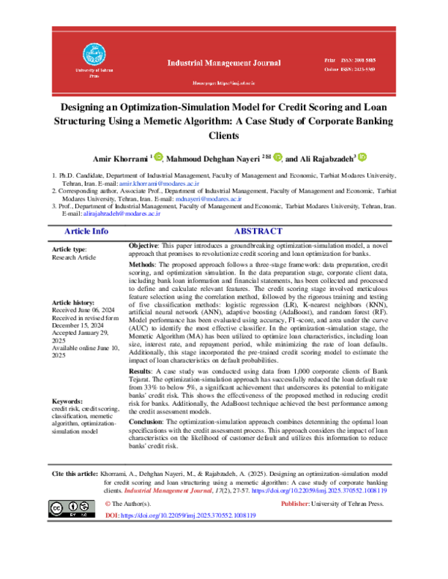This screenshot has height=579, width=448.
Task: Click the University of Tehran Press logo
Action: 93,54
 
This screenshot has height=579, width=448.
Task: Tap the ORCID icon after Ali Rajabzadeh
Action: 362,157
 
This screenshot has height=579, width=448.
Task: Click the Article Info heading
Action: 86,232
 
